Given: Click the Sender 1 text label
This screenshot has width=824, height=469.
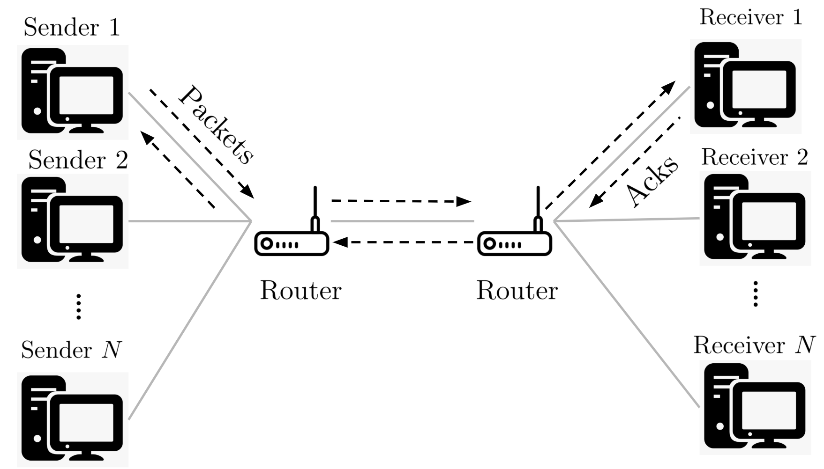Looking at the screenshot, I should pos(72,27).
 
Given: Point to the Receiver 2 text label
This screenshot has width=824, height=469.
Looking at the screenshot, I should pos(755,157).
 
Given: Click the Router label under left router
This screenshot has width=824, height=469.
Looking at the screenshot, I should pos(300,291).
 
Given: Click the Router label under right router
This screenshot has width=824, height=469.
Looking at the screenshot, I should pos(517,291).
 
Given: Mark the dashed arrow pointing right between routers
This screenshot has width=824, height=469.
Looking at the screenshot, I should pos(401,201).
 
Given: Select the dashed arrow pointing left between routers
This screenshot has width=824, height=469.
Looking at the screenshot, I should pos(403,242).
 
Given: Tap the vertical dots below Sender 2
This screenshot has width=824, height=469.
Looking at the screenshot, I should pos(79,307).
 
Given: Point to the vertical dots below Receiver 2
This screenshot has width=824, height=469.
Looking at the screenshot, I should pos(755,293).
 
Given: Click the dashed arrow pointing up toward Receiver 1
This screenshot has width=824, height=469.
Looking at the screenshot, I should pos(609,145).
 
